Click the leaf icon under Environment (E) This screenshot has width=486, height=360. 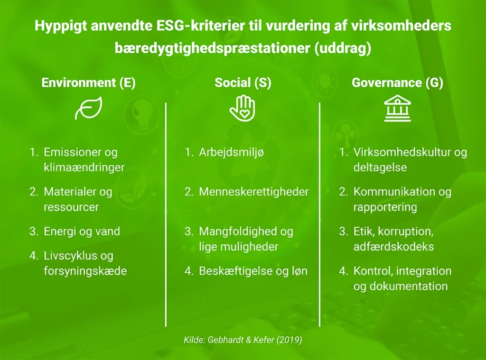click(89, 110)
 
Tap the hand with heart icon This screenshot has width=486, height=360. click(242, 108)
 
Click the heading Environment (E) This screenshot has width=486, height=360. click(89, 83)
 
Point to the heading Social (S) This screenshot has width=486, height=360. click(243, 83)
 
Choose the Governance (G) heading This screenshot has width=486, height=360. click(397, 83)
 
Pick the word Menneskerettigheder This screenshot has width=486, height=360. click(253, 192)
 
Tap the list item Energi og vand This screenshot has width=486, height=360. click(82, 231)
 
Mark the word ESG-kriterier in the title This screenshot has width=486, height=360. click(197, 26)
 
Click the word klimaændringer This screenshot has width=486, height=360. click(84, 167)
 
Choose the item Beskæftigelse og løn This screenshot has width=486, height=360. click(253, 271)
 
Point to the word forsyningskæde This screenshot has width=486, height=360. click(85, 271)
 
